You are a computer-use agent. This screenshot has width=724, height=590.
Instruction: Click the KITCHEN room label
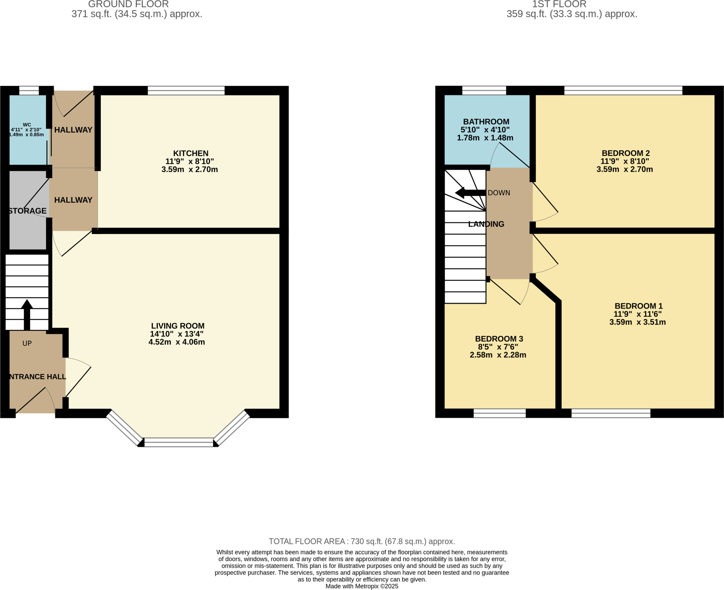(x=191, y=153)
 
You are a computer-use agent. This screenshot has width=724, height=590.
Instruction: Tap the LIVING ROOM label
(x=178, y=326)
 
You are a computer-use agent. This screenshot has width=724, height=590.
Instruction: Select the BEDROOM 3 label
(x=499, y=339)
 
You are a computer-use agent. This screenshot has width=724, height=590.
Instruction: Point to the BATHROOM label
(x=486, y=121)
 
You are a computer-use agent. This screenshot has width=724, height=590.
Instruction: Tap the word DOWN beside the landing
(x=499, y=193)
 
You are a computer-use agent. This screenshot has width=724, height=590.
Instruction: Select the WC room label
(x=27, y=125)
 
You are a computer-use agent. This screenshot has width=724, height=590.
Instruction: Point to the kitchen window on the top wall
(x=186, y=91)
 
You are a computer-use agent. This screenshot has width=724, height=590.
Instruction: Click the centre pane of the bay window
(x=179, y=442)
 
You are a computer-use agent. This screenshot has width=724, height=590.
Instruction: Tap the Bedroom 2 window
(x=623, y=91)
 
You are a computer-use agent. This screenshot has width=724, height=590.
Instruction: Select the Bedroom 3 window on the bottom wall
(x=500, y=413)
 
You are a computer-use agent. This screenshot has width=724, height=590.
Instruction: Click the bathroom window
(x=484, y=91)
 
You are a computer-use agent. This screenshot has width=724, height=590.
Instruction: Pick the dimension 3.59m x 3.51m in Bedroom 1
(x=637, y=322)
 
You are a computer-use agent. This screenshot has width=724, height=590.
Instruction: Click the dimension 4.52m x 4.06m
(x=177, y=342)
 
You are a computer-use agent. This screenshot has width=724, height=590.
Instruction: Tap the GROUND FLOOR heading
(x=128, y=4)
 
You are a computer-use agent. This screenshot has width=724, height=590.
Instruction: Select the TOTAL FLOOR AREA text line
(x=362, y=541)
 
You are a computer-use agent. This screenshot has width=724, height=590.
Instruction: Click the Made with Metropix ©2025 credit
(x=362, y=586)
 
